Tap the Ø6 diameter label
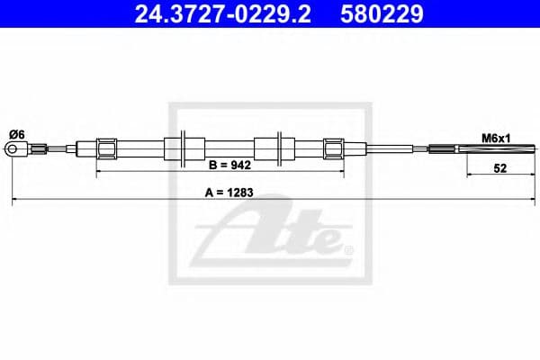click(x=15, y=135)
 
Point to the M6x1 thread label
click(x=495, y=138)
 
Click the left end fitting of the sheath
click(x=106, y=148)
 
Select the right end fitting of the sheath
click(x=333, y=148)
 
